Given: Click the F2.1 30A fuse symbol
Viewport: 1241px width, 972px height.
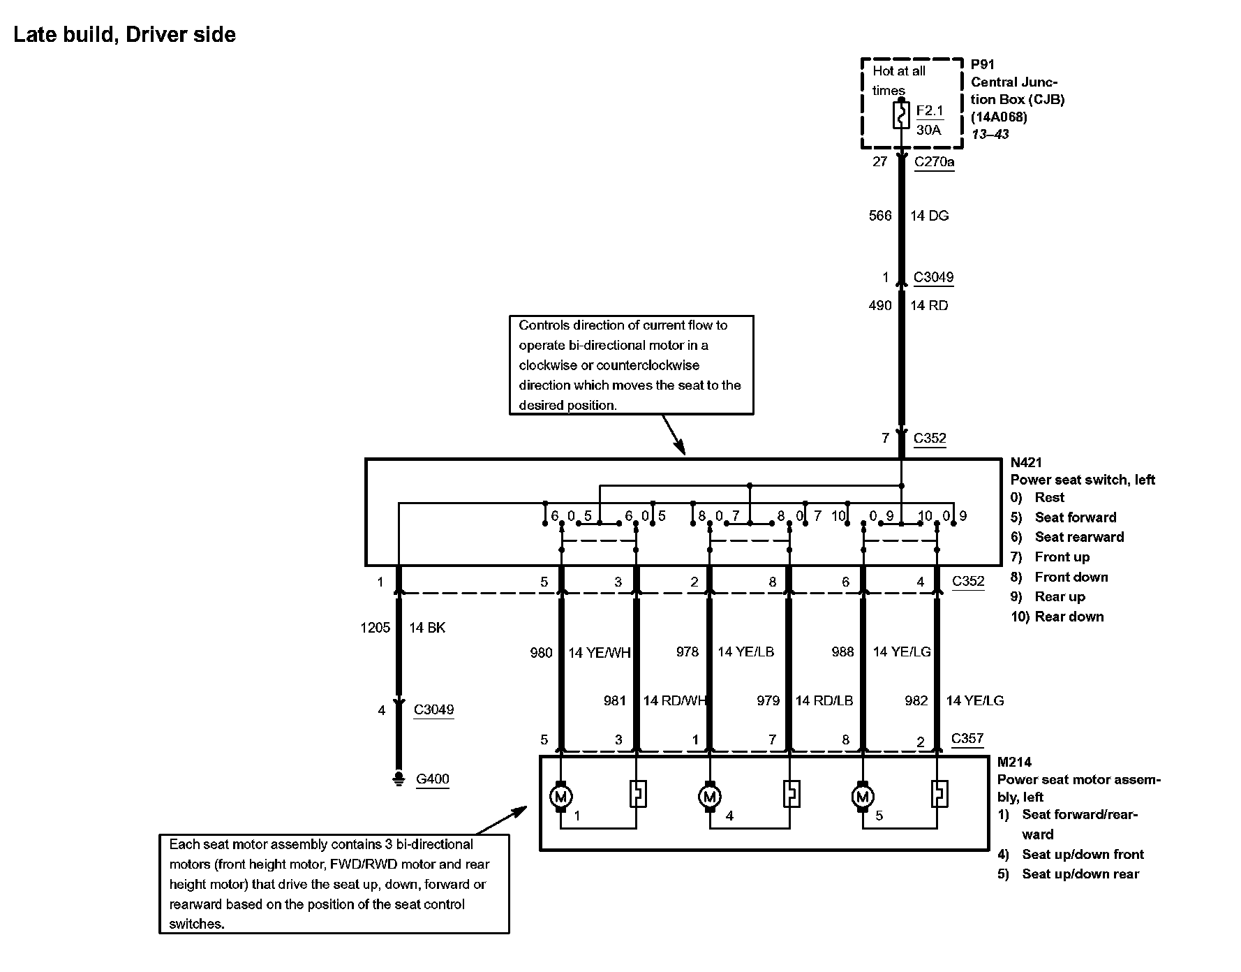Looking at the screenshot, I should click(x=901, y=116).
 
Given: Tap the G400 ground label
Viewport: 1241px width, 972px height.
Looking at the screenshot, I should click(x=432, y=779).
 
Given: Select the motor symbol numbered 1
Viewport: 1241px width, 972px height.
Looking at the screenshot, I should click(x=560, y=796).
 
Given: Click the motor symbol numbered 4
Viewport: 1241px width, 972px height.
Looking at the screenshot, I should click(x=710, y=796).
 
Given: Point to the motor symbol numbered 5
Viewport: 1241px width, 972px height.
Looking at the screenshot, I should click(x=863, y=796).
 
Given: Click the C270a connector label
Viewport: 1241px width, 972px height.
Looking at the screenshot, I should click(x=934, y=162).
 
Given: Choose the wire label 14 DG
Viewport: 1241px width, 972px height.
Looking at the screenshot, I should click(x=929, y=216).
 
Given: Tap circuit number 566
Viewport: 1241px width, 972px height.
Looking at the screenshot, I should click(x=880, y=216).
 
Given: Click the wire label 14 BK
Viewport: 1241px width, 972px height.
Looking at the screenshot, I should click(x=426, y=628).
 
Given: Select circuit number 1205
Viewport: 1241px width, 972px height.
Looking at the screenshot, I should click(x=375, y=628).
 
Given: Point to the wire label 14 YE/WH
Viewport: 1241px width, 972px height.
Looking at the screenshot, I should click(x=599, y=653).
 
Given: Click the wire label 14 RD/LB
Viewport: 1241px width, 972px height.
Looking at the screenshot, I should click(x=824, y=700).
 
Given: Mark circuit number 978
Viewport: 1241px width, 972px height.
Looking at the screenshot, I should click(x=687, y=651).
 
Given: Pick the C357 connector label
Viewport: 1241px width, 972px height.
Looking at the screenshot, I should click(x=967, y=738).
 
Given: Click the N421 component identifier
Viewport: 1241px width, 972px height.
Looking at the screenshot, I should click(x=1026, y=462).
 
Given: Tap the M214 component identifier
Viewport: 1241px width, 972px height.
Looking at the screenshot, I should click(x=1014, y=762).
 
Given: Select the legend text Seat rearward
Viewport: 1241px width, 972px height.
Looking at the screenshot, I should click(x=1079, y=537).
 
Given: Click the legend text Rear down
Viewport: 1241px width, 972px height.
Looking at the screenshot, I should click(x=1069, y=617).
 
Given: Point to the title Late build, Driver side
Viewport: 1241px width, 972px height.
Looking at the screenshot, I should click(x=125, y=35).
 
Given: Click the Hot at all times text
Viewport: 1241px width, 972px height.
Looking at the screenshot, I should click(x=898, y=80).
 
